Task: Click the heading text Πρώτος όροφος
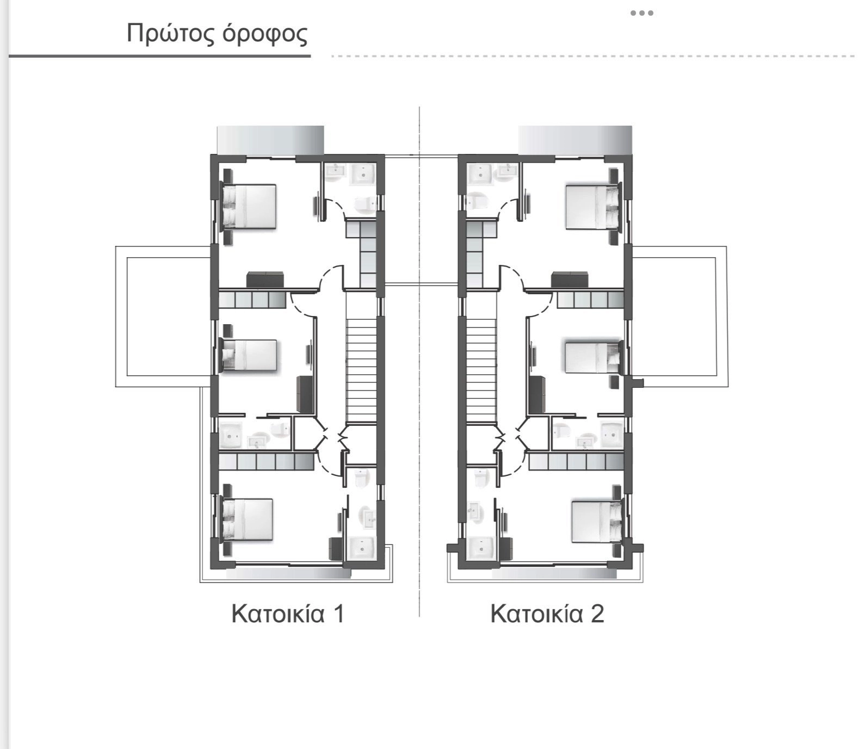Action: [x=217, y=34]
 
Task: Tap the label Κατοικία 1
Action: [x=288, y=614]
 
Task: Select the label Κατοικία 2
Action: [x=547, y=614]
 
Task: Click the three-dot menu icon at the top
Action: [x=642, y=13]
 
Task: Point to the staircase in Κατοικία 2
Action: [x=482, y=370]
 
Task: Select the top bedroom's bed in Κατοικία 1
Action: [x=249, y=206]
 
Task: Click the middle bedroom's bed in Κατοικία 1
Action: [x=250, y=357]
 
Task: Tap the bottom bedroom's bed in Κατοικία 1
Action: [x=247, y=519]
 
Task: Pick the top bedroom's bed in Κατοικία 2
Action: [x=592, y=207]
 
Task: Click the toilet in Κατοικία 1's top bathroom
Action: [x=364, y=204]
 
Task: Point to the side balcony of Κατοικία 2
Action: [x=680, y=317]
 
